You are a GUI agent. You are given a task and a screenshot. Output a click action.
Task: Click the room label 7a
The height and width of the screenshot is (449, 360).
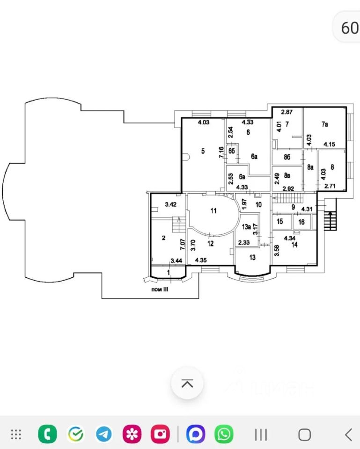(x=325, y=124)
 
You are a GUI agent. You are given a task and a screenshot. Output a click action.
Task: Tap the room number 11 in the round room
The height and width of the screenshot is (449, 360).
(x=213, y=211)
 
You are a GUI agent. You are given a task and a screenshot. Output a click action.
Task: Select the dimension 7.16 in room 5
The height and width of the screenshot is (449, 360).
(x=221, y=152)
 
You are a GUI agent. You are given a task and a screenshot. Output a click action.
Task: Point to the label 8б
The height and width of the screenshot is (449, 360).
(x=287, y=157)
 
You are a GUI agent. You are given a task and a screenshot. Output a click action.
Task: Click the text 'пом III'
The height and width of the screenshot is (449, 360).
(x=160, y=290)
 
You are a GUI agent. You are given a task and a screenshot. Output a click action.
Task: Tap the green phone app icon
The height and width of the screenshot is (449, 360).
(x=48, y=434)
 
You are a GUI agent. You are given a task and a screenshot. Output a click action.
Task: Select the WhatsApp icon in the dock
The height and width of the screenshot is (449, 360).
(x=224, y=434)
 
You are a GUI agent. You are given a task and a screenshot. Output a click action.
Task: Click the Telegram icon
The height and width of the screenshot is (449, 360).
(x=104, y=434)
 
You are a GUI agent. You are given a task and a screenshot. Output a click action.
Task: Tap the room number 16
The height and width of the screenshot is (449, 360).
(x=301, y=222)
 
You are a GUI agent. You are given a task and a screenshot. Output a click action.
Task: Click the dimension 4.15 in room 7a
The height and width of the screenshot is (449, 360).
(x=329, y=145)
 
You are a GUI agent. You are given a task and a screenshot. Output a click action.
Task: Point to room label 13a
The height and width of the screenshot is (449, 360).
(x=247, y=227)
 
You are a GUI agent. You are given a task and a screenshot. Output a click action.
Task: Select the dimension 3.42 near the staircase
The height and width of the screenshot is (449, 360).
(x=170, y=204)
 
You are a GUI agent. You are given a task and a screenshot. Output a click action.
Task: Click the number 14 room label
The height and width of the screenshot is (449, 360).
(x=294, y=245)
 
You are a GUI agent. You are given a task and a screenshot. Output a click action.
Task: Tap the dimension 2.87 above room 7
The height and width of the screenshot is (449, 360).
(x=287, y=112)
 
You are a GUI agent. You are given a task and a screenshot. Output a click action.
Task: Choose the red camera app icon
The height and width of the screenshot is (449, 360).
(x=160, y=434)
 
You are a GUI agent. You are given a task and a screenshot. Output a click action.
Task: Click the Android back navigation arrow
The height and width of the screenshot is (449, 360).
(x=348, y=435)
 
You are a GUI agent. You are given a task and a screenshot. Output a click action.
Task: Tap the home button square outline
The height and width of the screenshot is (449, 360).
(x=304, y=435)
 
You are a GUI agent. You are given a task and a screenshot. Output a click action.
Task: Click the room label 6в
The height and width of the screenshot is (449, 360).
(x=242, y=177)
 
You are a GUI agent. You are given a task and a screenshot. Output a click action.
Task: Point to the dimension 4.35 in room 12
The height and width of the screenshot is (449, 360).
(x=201, y=260)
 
